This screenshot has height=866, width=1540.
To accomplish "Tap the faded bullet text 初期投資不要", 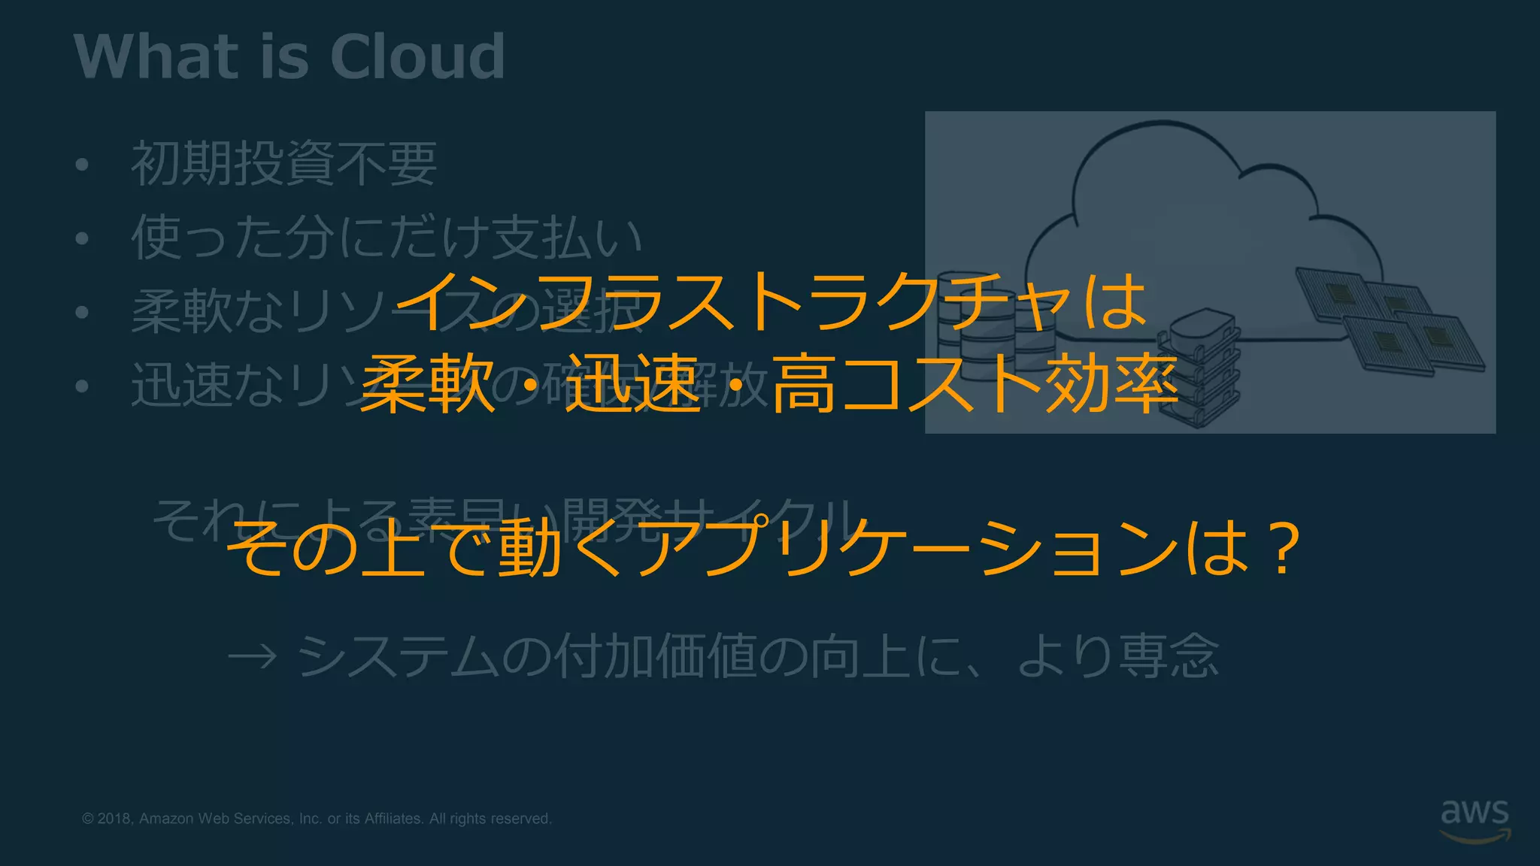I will [284, 163].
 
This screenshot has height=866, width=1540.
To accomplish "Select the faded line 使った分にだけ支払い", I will [387, 237].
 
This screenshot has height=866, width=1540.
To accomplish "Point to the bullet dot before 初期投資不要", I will [83, 165].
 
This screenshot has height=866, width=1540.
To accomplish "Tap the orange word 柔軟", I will [427, 384].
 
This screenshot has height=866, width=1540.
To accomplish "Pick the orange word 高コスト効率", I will [975, 384].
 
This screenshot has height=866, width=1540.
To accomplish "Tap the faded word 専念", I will [1169, 656].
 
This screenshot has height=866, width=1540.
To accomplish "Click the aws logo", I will [1475, 819].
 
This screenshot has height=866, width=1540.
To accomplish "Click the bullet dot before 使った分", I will [83, 238].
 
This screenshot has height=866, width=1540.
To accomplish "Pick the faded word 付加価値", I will [654, 656].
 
